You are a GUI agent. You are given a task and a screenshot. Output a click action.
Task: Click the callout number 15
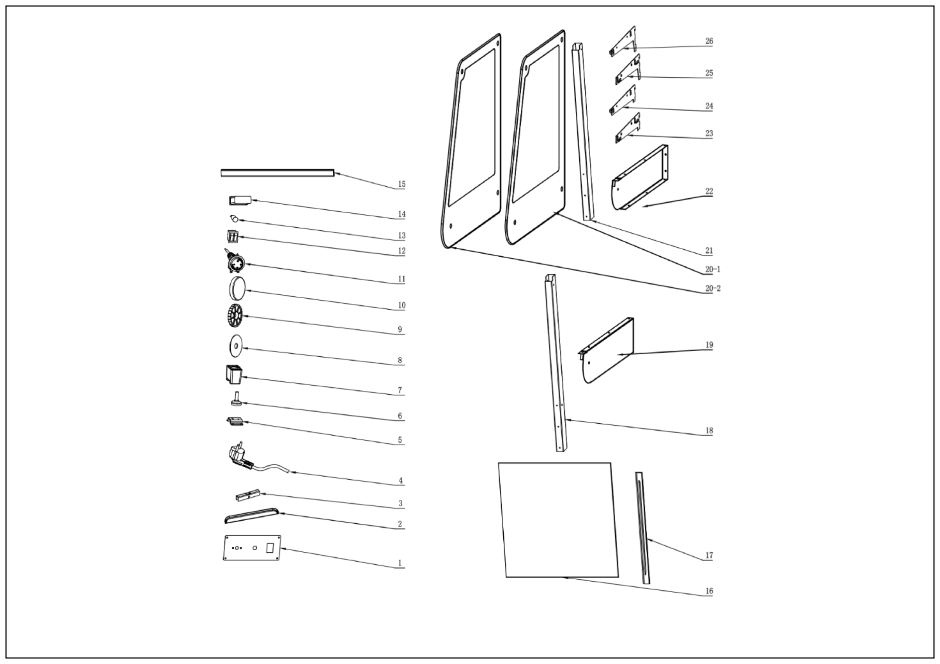401,184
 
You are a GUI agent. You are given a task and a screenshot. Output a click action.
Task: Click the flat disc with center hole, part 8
235,347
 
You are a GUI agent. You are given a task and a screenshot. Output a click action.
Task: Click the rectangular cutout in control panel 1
269,548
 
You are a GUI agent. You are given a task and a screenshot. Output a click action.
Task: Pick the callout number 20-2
712,288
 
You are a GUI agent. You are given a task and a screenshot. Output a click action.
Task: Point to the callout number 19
709,345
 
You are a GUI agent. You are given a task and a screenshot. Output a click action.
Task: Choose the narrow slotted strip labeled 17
642,528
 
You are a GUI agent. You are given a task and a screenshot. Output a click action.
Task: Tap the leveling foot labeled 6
236,400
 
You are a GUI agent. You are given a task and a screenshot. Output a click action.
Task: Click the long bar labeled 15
277,173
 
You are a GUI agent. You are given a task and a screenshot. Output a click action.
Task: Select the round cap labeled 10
236,288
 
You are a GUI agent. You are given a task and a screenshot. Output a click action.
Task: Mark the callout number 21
709,251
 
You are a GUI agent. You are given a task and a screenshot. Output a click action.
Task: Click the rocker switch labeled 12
232,237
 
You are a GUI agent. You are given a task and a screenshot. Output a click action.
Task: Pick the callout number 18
709,430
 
